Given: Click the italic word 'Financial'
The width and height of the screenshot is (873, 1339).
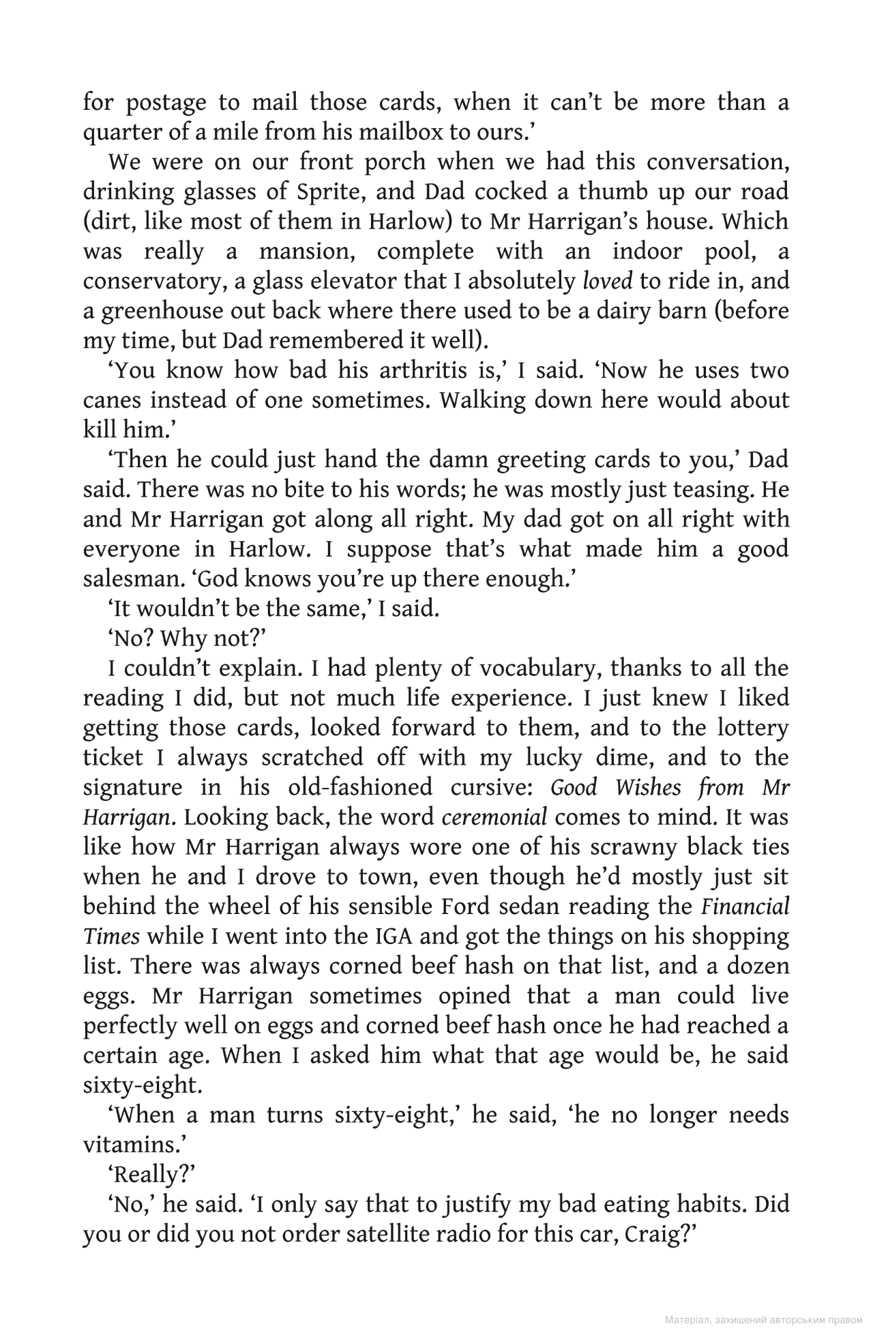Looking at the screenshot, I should point(745,907).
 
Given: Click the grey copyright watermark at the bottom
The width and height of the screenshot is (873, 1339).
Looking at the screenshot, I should point(763,1320).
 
